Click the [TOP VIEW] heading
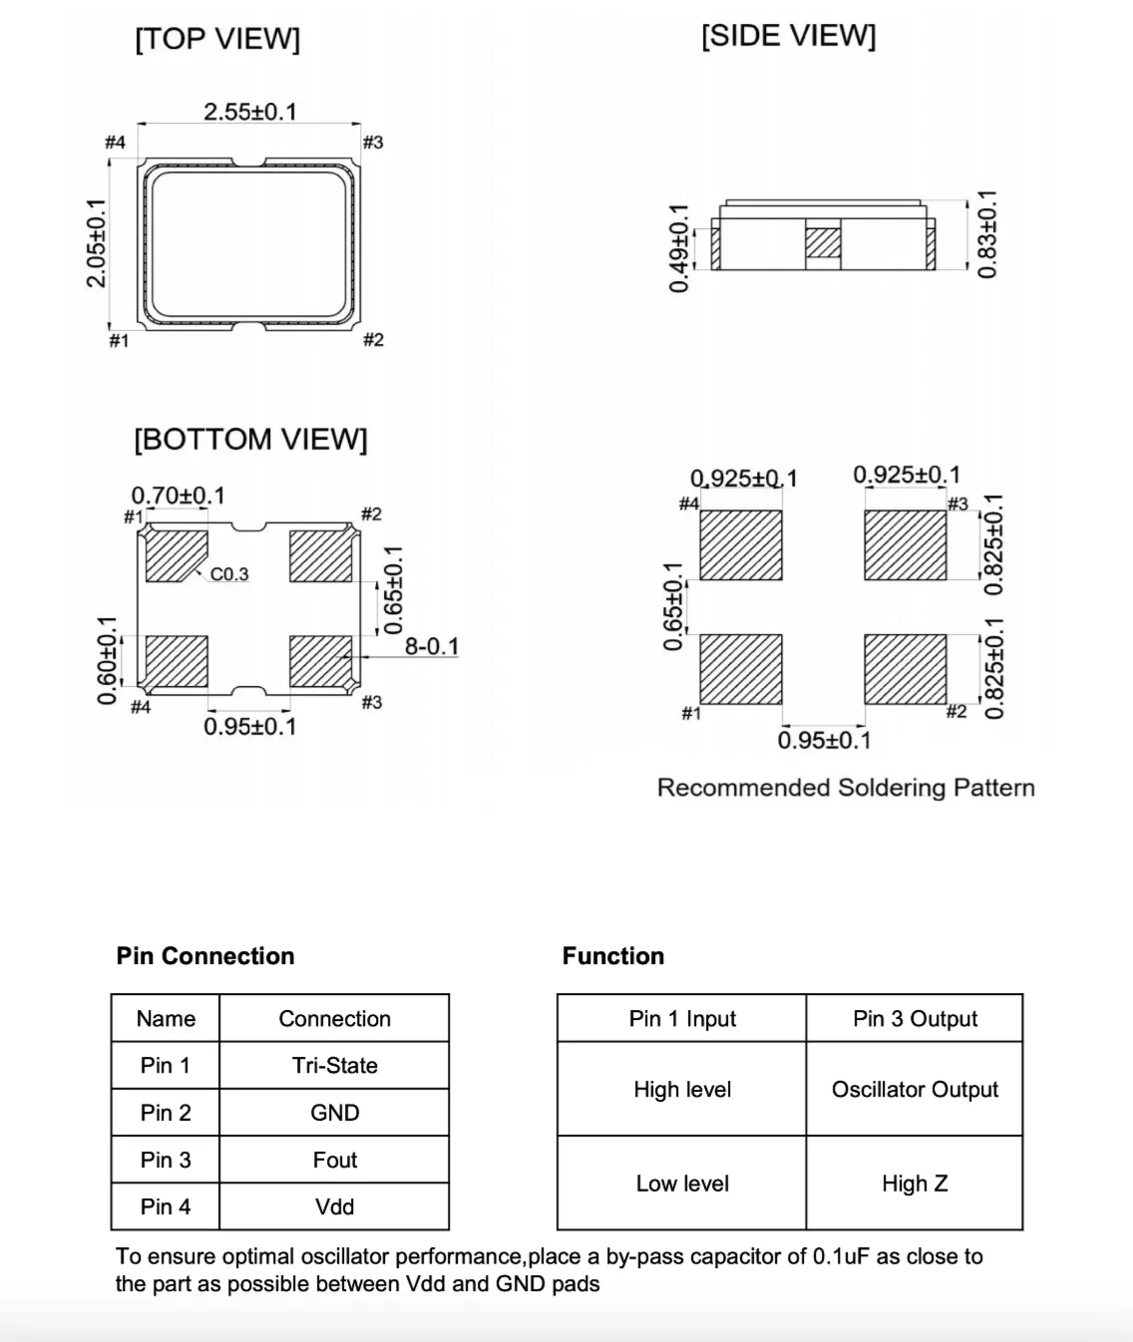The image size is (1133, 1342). (x=217, y=39)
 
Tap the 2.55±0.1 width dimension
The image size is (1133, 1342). (x=250, y=112)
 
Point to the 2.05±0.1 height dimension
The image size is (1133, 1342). (x=97, y=243)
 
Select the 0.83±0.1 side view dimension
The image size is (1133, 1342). (x=986, y=234)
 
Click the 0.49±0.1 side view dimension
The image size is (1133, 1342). (x=679, y=248)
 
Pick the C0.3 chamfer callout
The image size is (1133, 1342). (x=229, y=574)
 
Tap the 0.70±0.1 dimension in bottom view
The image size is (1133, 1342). (x=179, y=496)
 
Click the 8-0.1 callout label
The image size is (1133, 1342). (x=432, y=646)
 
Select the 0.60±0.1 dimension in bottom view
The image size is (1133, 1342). (x=108, y=660)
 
